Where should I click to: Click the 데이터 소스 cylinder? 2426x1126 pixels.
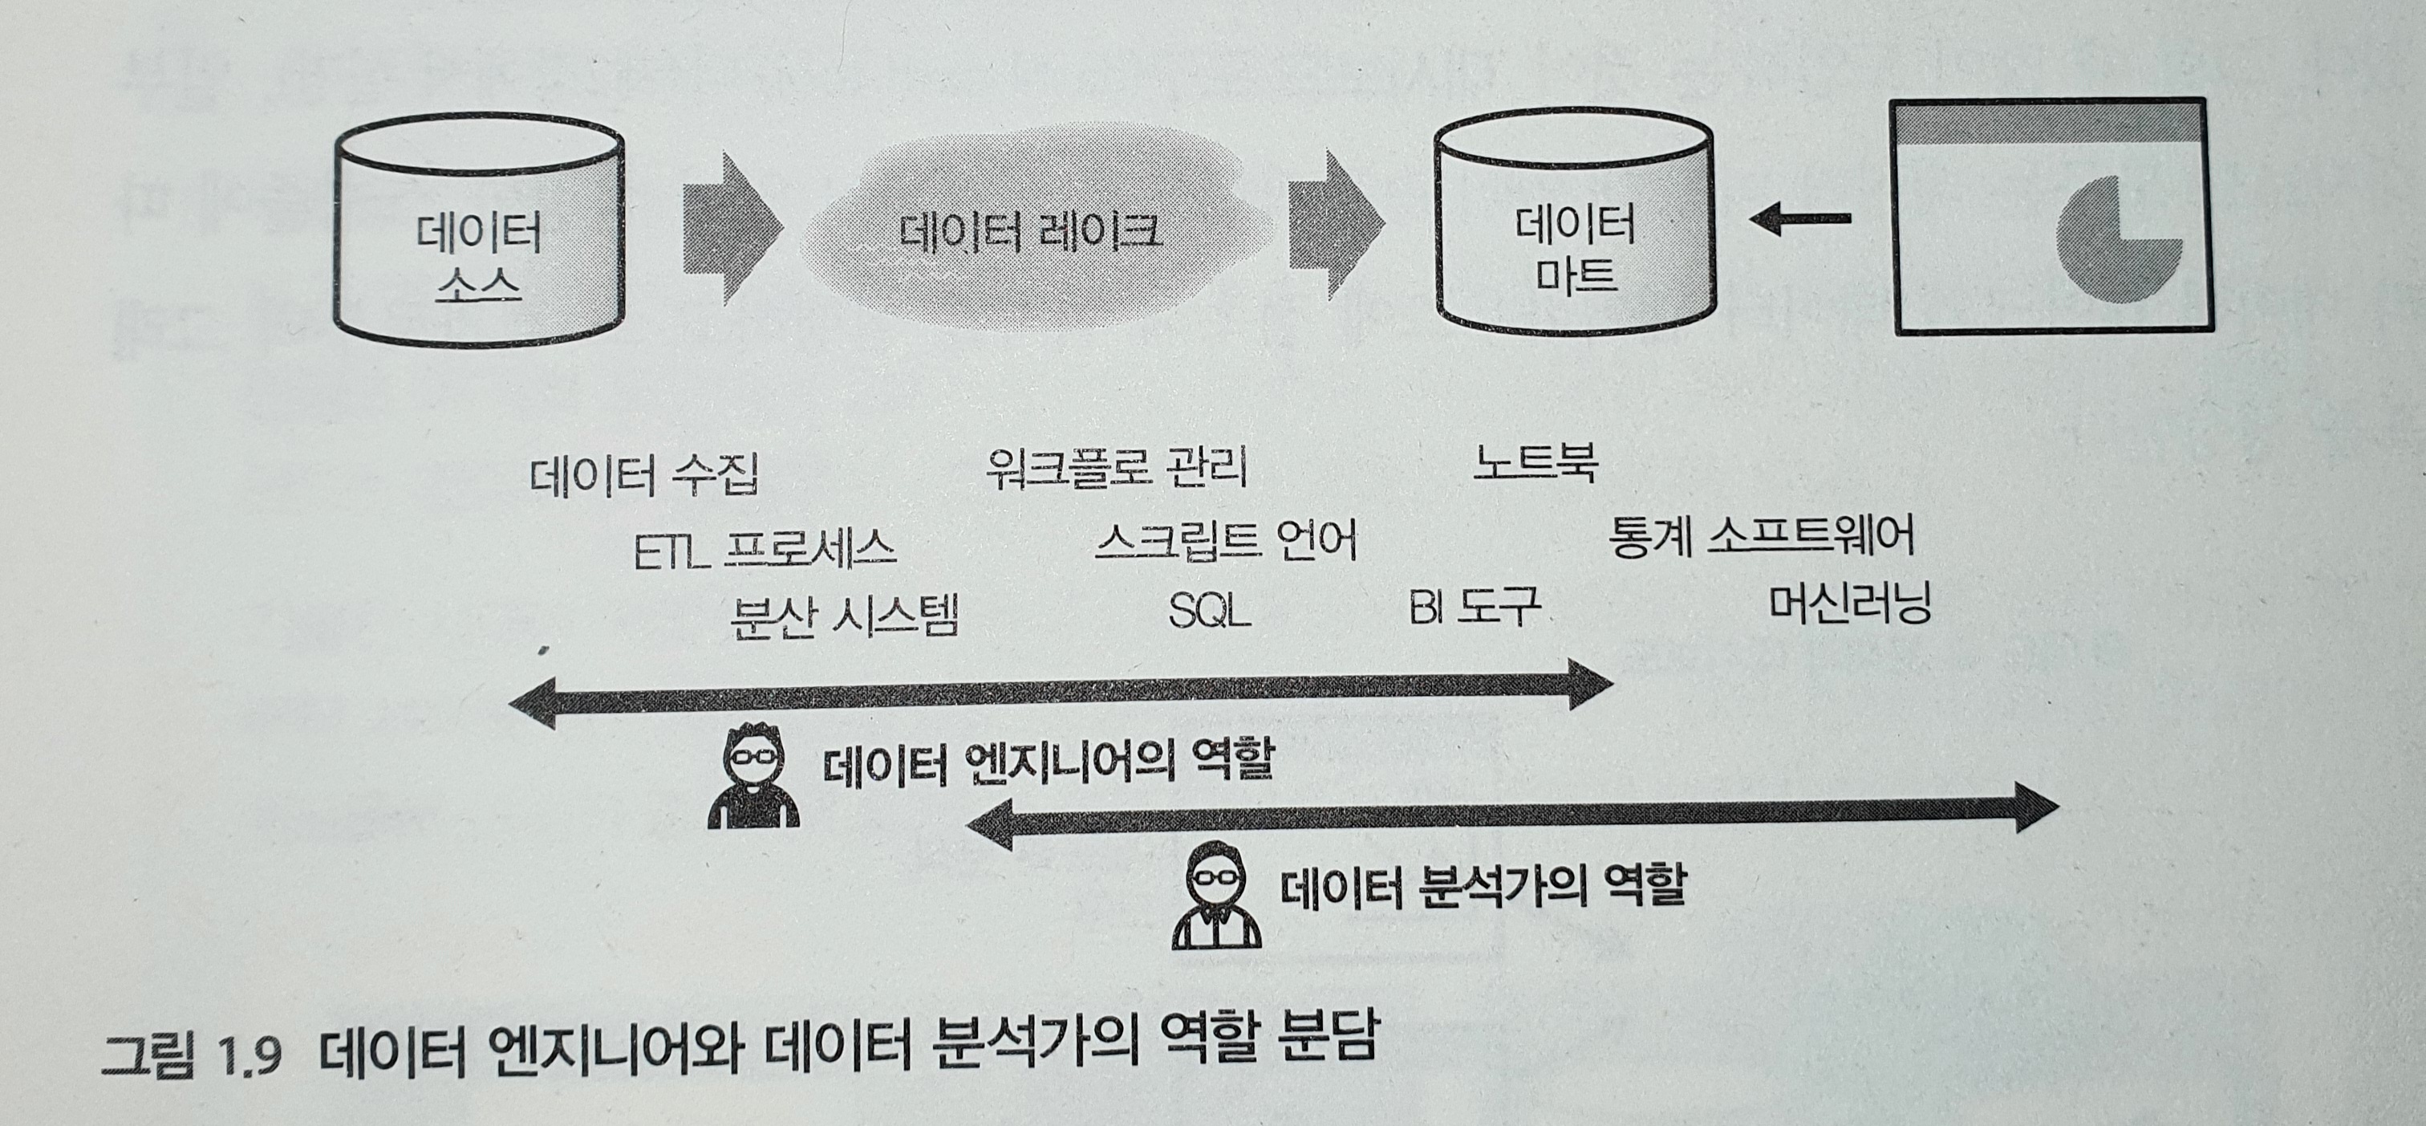click(x=478, y=231)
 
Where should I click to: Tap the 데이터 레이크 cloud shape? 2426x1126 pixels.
click(x=1031, y=231)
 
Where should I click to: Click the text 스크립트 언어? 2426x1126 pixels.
click(x=1224, y=541)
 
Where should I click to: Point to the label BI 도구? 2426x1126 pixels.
click(x=1474, y=608)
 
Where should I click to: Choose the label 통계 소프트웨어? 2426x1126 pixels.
click(x=1761, y=536)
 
